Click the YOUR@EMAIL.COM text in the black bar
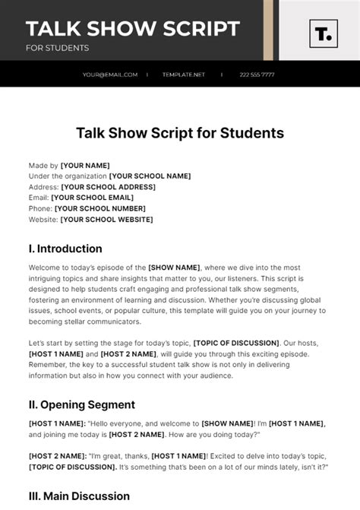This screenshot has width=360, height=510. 110,74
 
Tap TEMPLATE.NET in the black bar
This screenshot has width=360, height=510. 184,74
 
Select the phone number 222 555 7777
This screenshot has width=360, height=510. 257,74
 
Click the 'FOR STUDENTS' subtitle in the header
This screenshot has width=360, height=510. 57,48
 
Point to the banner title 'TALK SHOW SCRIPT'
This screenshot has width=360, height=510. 133,30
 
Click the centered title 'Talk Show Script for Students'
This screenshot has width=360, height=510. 180,133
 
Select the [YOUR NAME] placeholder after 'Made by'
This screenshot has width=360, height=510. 85,166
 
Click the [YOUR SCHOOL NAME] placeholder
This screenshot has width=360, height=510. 150,176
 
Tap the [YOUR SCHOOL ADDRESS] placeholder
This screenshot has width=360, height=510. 108,187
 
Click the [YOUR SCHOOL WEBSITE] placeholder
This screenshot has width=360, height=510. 106,220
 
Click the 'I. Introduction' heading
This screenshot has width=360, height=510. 65,249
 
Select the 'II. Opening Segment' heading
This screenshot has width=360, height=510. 82,405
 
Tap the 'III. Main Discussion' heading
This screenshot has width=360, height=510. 79,496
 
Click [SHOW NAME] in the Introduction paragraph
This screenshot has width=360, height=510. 174,268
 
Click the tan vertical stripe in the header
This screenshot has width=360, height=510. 268,30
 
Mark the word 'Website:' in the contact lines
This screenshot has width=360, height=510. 43,220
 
